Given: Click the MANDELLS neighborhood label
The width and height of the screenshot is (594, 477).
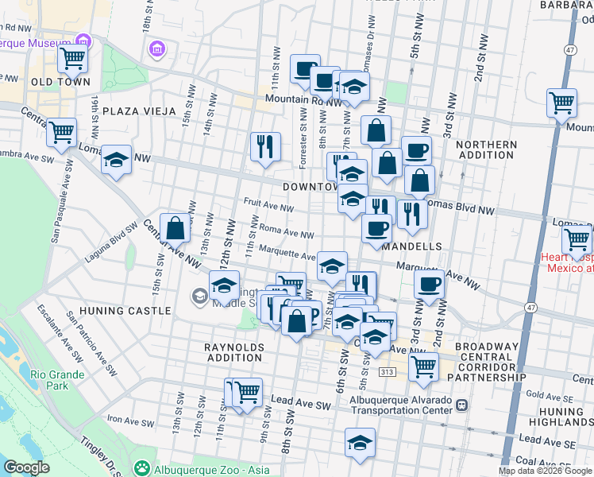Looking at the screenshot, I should (411, 247).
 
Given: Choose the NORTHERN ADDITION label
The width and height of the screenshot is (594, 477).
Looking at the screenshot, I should (487, 149).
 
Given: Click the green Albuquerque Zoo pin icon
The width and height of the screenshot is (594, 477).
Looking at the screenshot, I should (142, 468).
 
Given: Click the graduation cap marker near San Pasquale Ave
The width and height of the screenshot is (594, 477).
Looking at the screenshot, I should (116, 161).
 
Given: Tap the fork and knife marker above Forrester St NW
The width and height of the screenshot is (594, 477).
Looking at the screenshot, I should (265, 146).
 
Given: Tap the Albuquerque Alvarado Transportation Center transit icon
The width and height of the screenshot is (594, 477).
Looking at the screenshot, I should (461, 405).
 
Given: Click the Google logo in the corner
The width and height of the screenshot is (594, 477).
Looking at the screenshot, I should (26, 467).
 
